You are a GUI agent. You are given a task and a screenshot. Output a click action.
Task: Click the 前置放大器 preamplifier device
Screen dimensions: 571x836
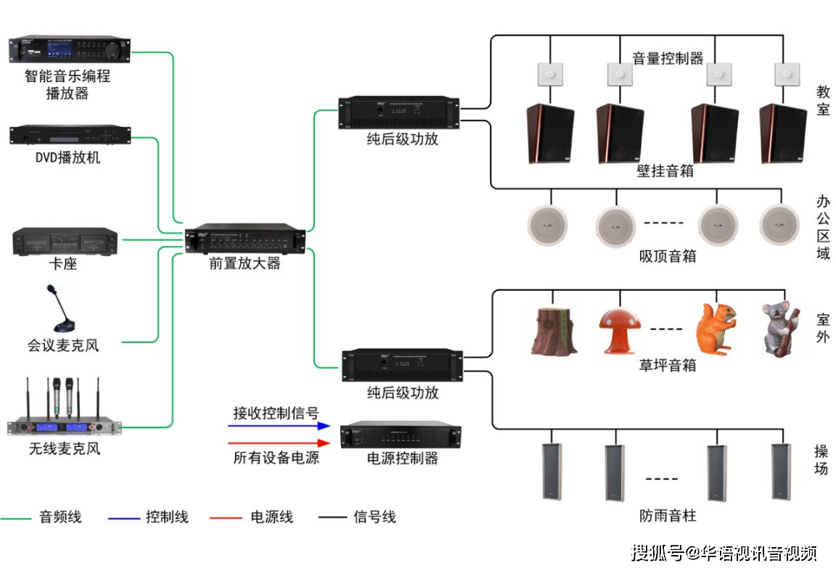[245, 239]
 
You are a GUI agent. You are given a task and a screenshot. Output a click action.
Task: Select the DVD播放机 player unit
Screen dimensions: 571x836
[70, 136]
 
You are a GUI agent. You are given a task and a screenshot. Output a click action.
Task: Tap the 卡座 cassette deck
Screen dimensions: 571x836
[65, 241]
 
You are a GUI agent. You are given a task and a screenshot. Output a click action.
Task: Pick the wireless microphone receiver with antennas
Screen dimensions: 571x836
[64, 410]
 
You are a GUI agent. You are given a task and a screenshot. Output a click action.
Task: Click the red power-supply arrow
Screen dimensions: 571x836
[279, 443]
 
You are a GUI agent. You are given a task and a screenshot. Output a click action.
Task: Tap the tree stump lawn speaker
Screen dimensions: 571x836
[554, 331]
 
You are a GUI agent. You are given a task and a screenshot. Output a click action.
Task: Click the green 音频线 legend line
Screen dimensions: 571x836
[16, 518]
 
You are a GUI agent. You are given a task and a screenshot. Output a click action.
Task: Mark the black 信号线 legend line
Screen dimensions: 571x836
[332, 518]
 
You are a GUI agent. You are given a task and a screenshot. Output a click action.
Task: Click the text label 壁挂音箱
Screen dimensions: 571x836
[665, 171]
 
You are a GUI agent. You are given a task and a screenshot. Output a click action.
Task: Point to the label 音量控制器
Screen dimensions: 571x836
[668, 58]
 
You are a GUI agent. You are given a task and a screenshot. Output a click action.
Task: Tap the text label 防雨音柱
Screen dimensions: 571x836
[668, 517]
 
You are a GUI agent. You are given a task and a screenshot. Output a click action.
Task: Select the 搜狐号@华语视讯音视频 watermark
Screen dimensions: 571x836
[724, 554]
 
